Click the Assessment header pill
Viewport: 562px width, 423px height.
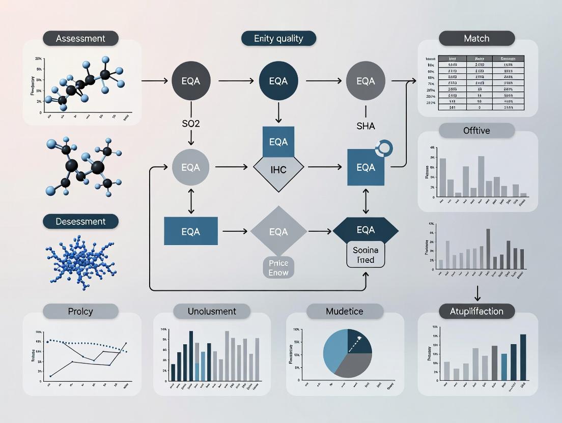click(x=80, y=39)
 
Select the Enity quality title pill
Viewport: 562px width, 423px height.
click(x=278, y=39)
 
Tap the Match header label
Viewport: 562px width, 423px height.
click(x=476, y=39)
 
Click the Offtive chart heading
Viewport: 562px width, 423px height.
click(x=476, y=131)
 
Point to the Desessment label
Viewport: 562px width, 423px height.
click(x=80, y=222)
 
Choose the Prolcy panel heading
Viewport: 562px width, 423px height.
click(x=80, y=311)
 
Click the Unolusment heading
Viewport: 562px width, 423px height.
click(x=212, y=311)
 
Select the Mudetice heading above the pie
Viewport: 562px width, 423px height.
click(x=345, y=311)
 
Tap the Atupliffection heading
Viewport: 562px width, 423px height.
click(x=476, y=311)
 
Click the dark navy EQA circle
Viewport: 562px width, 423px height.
click(x=278, y=81)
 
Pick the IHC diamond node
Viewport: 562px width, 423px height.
click(x=278, y=170)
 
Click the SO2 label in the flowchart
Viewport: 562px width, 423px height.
click(x=191, y=124)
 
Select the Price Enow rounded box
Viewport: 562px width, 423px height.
click(x=278, y=268)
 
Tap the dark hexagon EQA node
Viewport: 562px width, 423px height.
click(x=366, y=230)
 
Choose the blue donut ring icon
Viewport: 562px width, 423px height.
click(x=383, y=148)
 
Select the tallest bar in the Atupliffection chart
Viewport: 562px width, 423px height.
click(x=523, y=357)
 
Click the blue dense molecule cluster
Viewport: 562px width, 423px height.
click(x=80, y=260)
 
